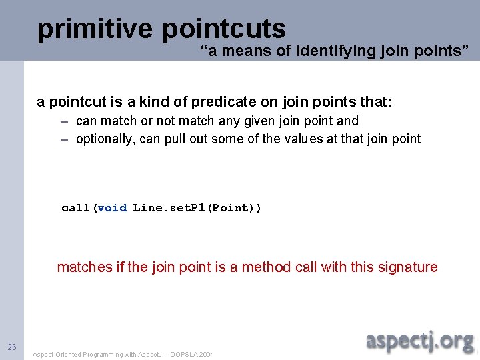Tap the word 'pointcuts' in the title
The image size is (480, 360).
coord(223,29)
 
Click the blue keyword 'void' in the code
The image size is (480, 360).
coord(111,208)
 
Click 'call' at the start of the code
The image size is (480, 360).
coord(75,208)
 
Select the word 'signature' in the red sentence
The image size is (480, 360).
coord(408,267)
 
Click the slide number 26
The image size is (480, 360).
coord(12,347)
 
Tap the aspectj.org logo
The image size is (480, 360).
coord(419,341)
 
